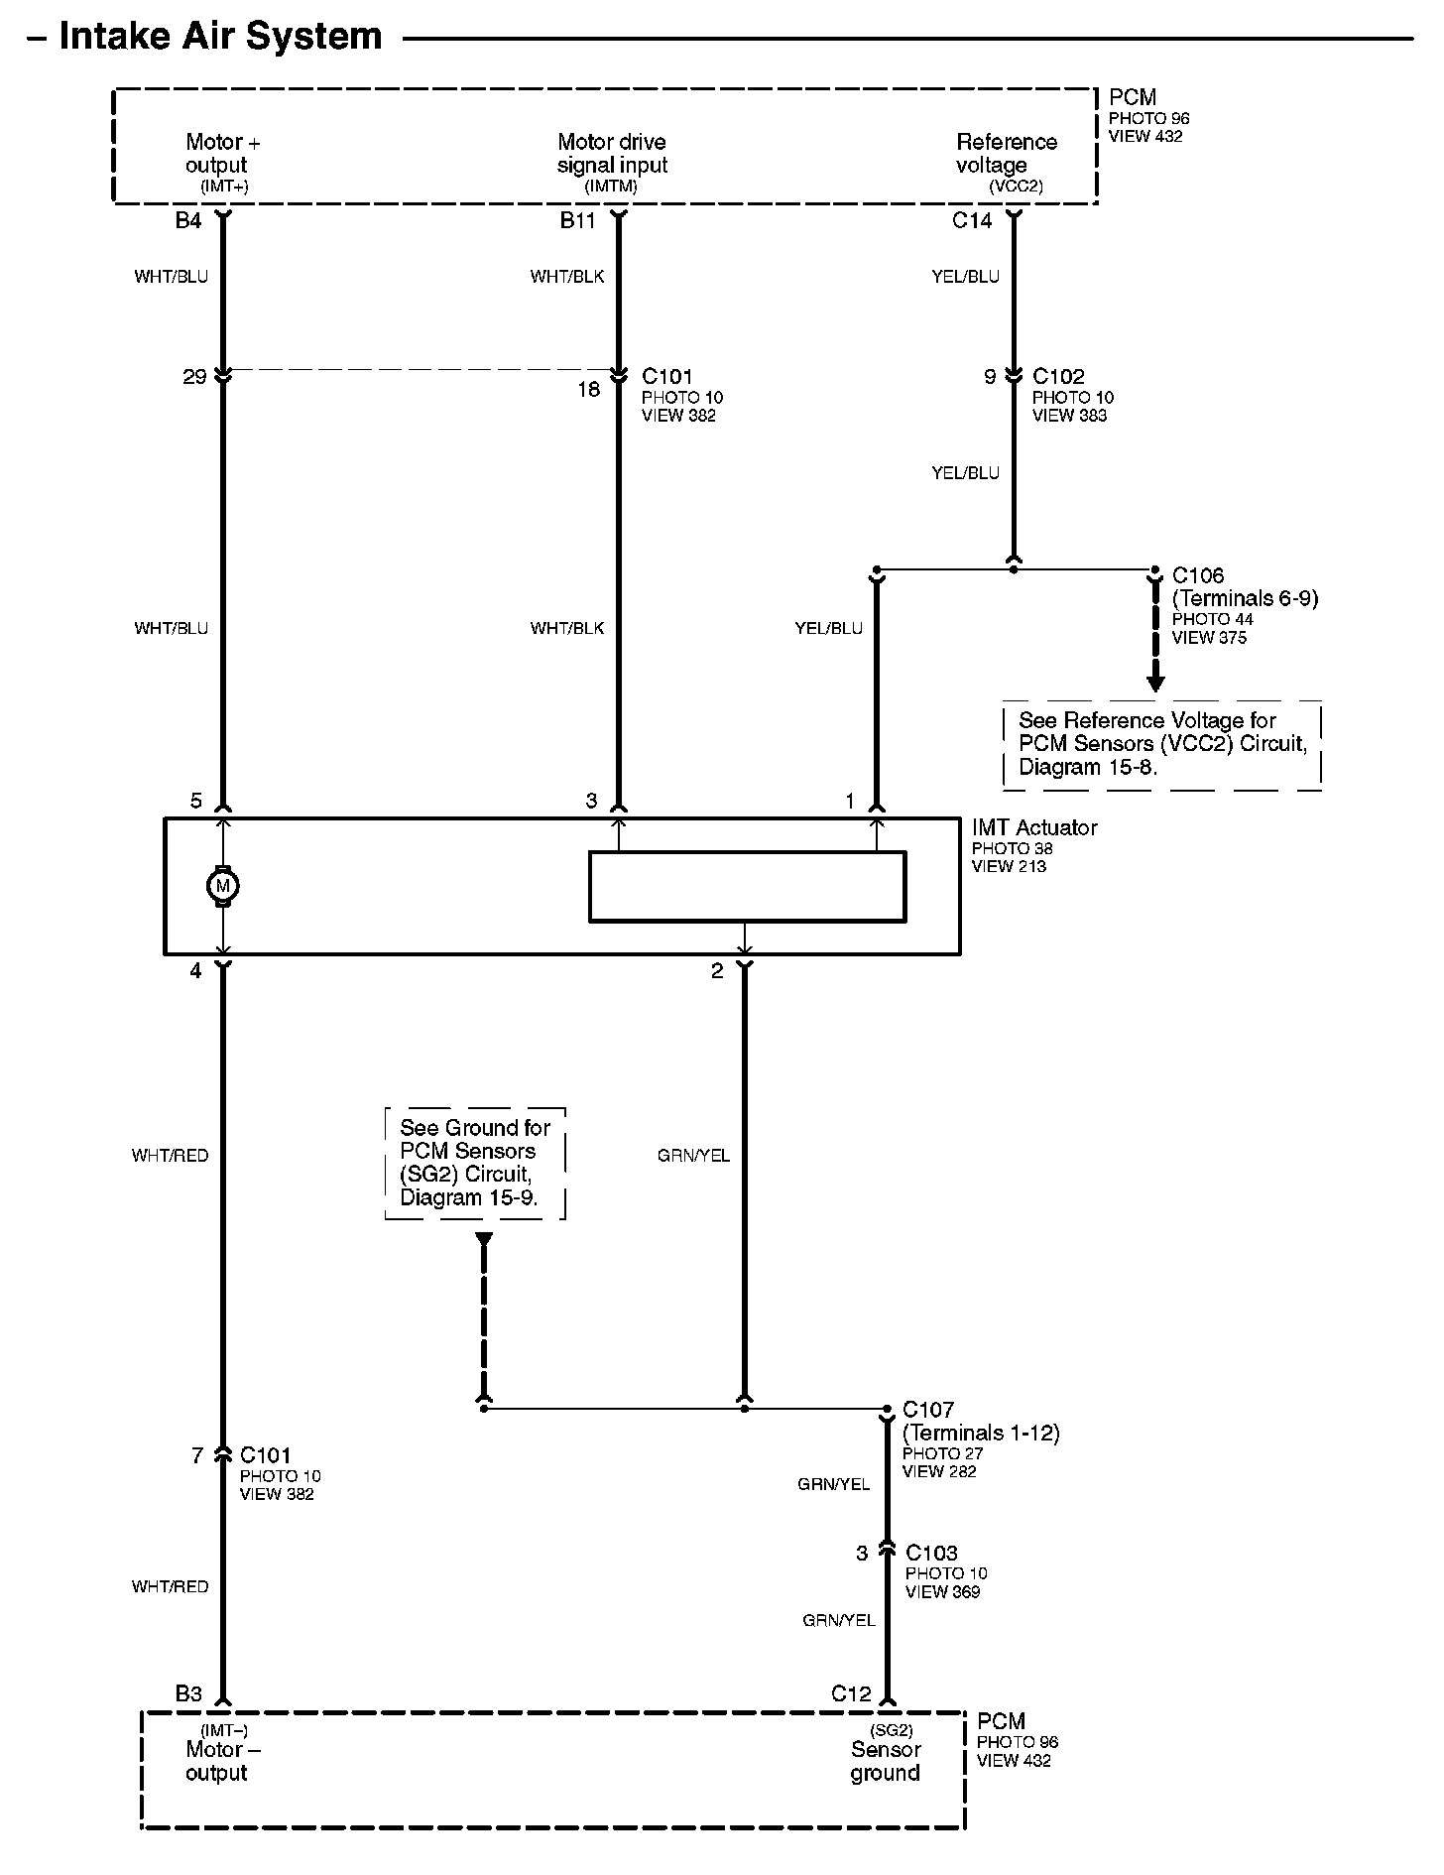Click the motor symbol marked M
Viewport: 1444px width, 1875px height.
(222, 886)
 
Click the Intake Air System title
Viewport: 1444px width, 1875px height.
(220, 37)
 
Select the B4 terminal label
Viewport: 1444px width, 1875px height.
(188, 220)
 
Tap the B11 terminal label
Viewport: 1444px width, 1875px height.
(577, 220)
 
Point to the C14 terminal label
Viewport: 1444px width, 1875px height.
(972, 220)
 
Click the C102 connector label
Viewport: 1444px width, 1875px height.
(1058, 377)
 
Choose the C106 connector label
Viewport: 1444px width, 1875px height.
(1198, 575)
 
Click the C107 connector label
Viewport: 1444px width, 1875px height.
(928, 1410)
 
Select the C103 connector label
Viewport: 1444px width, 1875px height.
(931, 1553)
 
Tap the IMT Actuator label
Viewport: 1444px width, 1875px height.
(1034, 827)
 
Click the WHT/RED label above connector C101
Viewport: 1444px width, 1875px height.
(171, 1155)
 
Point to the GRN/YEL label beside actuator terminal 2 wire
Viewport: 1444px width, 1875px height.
(693, 1155)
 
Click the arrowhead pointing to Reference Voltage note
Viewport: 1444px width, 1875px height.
(1154, 684)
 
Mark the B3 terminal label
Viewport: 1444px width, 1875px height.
(188, 1693)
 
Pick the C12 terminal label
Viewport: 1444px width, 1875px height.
(851, 1693)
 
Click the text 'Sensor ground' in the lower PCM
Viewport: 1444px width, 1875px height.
(886, 1761)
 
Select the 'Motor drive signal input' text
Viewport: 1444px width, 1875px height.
(612, 154)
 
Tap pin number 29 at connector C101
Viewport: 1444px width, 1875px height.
(194, 377)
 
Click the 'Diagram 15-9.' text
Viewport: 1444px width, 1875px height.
(468, 1197)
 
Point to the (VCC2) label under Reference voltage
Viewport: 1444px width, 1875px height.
(1016, 187)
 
